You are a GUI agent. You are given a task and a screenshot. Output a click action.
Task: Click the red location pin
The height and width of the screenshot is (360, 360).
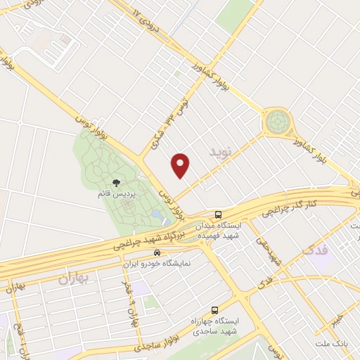(x=181, y=166)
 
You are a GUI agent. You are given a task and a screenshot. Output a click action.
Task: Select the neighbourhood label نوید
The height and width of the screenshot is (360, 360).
(x=220, y=152)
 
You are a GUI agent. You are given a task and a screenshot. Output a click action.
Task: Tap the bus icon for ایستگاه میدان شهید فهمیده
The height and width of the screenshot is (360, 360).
(x=219, y=214)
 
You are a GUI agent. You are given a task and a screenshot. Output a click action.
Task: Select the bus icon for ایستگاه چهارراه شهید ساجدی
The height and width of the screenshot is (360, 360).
(x=214, y=310)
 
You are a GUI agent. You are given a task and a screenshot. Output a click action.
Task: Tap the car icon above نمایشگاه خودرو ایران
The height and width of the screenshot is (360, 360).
(x=157, y=252)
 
